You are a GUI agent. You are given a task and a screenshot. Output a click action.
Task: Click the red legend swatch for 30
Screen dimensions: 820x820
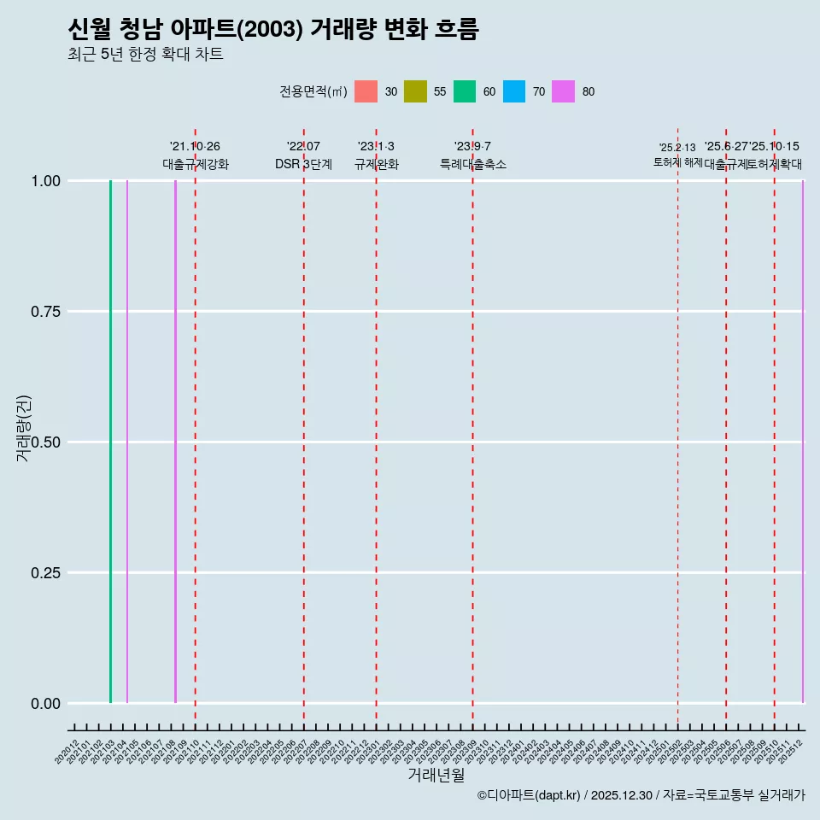tap(366, 91)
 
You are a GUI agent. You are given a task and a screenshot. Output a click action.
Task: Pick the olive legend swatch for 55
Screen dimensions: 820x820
tap(415, 91)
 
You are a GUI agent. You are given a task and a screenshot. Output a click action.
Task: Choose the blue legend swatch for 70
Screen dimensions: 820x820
tap(514, 91)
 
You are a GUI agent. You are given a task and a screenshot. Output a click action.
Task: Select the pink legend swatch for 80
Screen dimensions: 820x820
tap(564, 91)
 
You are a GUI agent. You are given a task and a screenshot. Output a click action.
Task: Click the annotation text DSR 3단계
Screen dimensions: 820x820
tap(303, 164)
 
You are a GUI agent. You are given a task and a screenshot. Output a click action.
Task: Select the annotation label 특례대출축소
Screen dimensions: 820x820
tap(472, 164)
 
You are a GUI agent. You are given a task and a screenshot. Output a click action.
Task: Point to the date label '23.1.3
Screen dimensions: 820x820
tap(376, 147)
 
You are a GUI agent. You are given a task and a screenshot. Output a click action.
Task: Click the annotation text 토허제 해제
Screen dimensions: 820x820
tap(677, 162)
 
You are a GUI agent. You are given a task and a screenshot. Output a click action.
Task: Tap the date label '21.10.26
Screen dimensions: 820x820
tap(195, 147)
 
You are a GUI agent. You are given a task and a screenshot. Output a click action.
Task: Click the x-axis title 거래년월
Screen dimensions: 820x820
tap(436, 776)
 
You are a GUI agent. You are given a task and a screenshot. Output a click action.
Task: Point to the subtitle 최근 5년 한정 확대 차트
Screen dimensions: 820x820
tap(145, 55)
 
